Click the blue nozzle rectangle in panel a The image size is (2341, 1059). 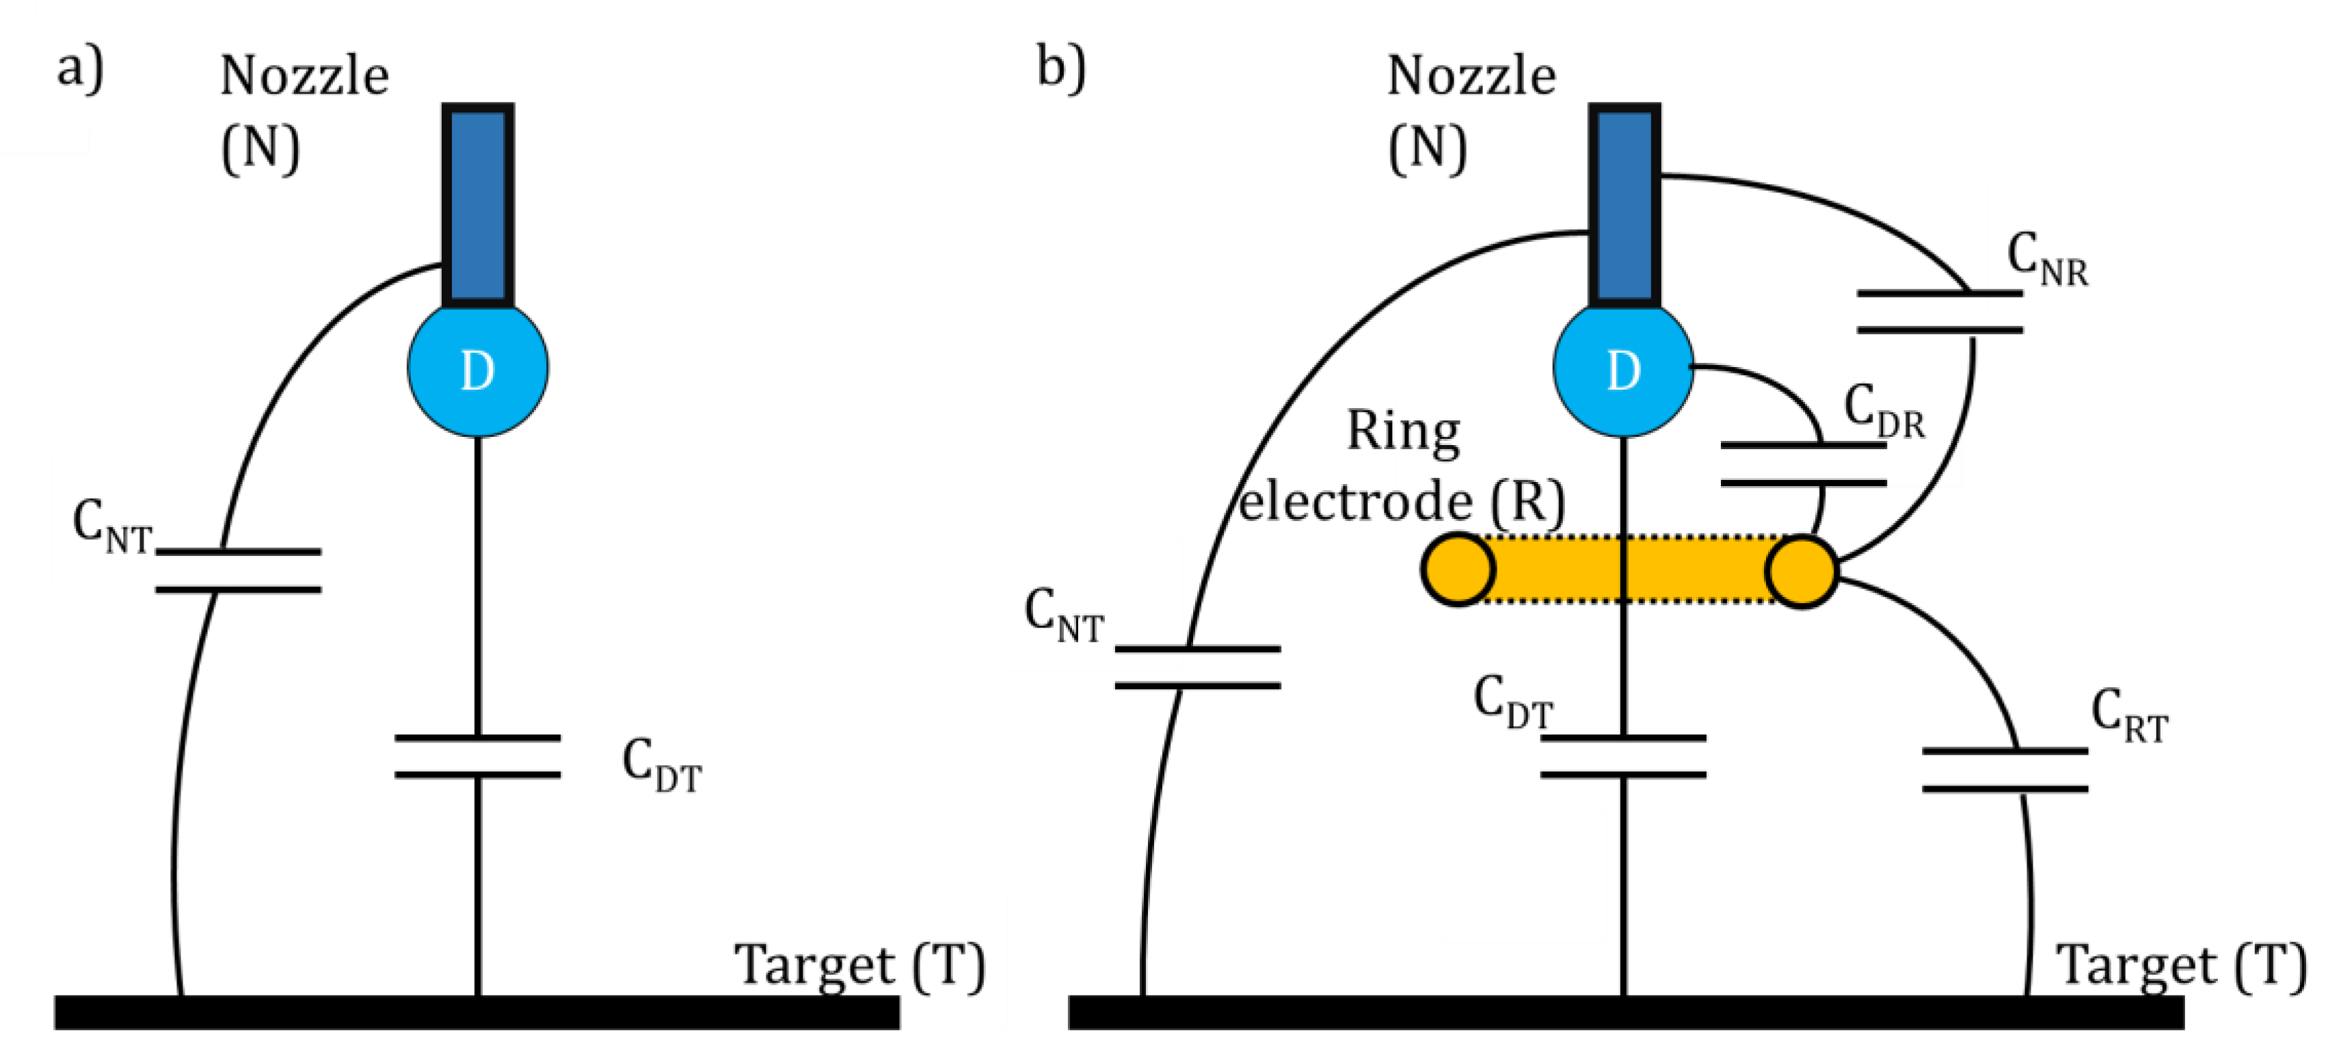(478, 205)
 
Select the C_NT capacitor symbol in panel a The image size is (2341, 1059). (238, 571)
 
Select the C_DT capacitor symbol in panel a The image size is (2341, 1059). (478, 756)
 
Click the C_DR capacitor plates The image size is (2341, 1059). (1804, 464)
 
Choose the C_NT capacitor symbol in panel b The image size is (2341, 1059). (1198, 667)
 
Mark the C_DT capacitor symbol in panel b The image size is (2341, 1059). (1624, 756)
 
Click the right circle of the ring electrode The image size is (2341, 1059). (1802, 571)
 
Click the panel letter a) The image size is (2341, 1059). (80, 69)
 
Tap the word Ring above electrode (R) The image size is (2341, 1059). (1403, 432)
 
